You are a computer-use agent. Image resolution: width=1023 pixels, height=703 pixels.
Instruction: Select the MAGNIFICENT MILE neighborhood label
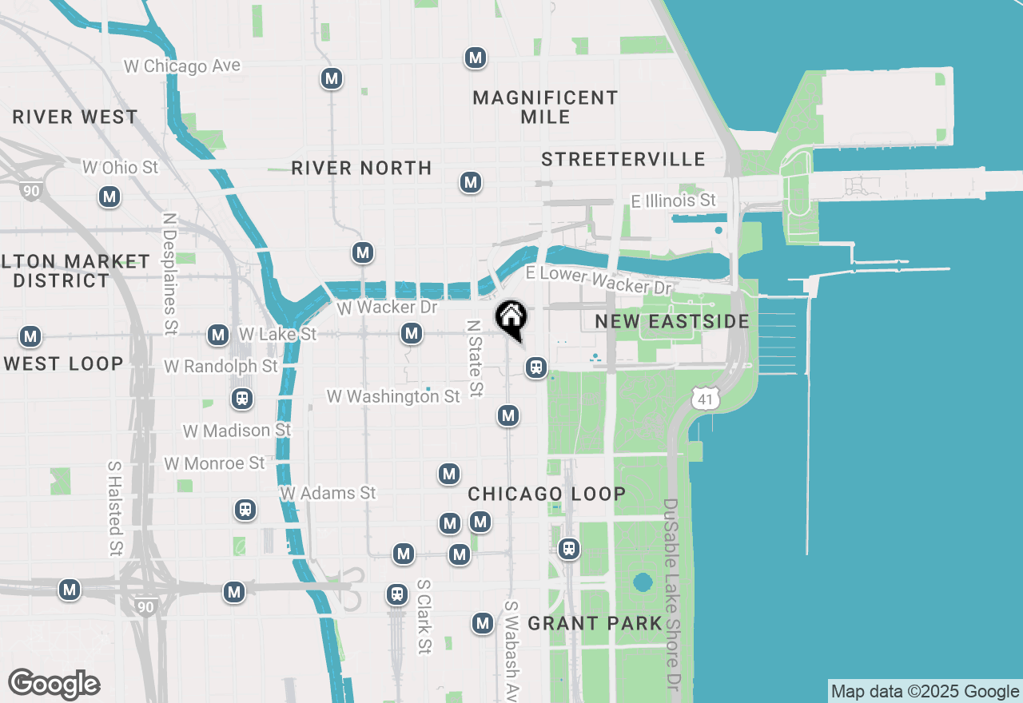545,107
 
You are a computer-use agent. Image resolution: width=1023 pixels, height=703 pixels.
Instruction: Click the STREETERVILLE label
623,160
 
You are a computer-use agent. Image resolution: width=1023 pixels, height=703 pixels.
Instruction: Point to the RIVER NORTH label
361,169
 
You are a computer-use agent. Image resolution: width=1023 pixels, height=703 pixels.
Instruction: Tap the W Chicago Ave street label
182,66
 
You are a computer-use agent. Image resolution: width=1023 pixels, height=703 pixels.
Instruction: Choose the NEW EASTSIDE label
672,322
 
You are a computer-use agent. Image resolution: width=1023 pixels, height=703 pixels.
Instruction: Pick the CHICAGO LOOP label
547,494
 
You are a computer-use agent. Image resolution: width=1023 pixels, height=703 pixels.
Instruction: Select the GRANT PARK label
595,623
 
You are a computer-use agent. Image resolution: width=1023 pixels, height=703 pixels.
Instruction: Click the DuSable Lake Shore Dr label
671,595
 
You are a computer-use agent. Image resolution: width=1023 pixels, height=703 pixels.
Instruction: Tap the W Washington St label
393,396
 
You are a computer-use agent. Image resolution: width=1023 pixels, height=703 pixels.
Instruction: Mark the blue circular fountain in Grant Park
643,582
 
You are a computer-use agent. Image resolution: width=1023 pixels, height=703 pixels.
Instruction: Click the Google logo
54,684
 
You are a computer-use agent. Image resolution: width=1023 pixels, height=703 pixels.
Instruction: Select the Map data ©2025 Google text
925,692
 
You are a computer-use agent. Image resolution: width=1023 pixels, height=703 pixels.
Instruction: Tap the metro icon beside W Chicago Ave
332,79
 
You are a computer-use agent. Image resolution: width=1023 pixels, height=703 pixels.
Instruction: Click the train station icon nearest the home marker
536,367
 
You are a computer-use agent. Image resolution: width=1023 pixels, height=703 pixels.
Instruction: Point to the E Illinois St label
674,201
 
